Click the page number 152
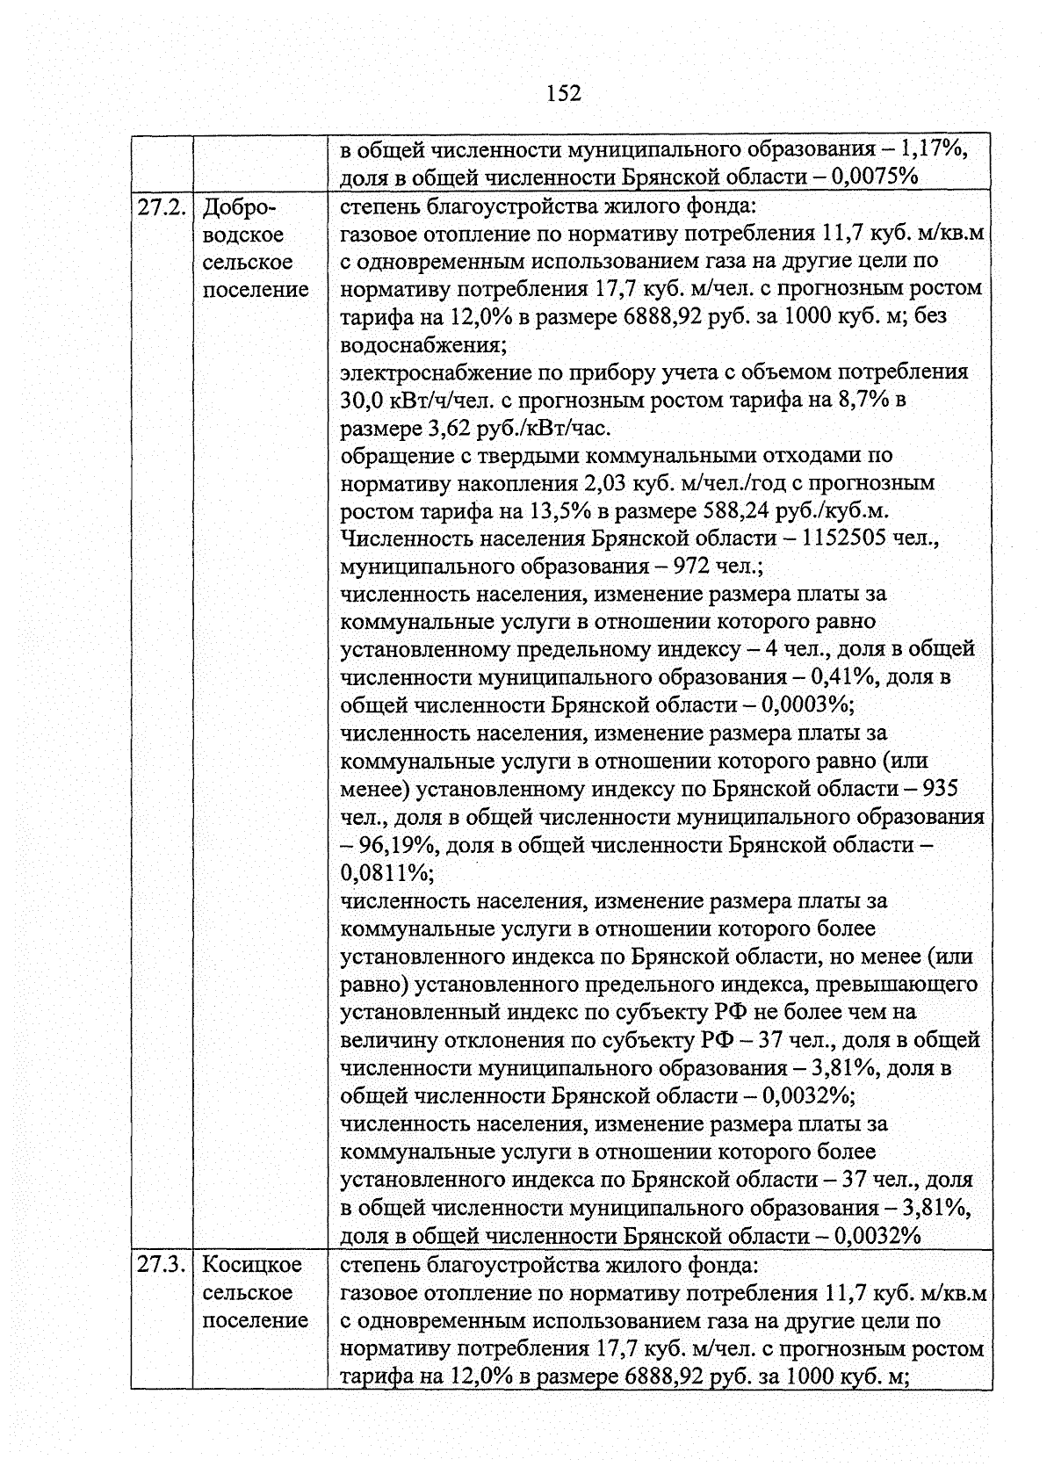[x=563, y=93]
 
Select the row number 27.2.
[x=162, y=208]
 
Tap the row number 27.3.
[x=162, y=1264]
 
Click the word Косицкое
[x=252, y=1264]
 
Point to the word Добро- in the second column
[x=239, y=208]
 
